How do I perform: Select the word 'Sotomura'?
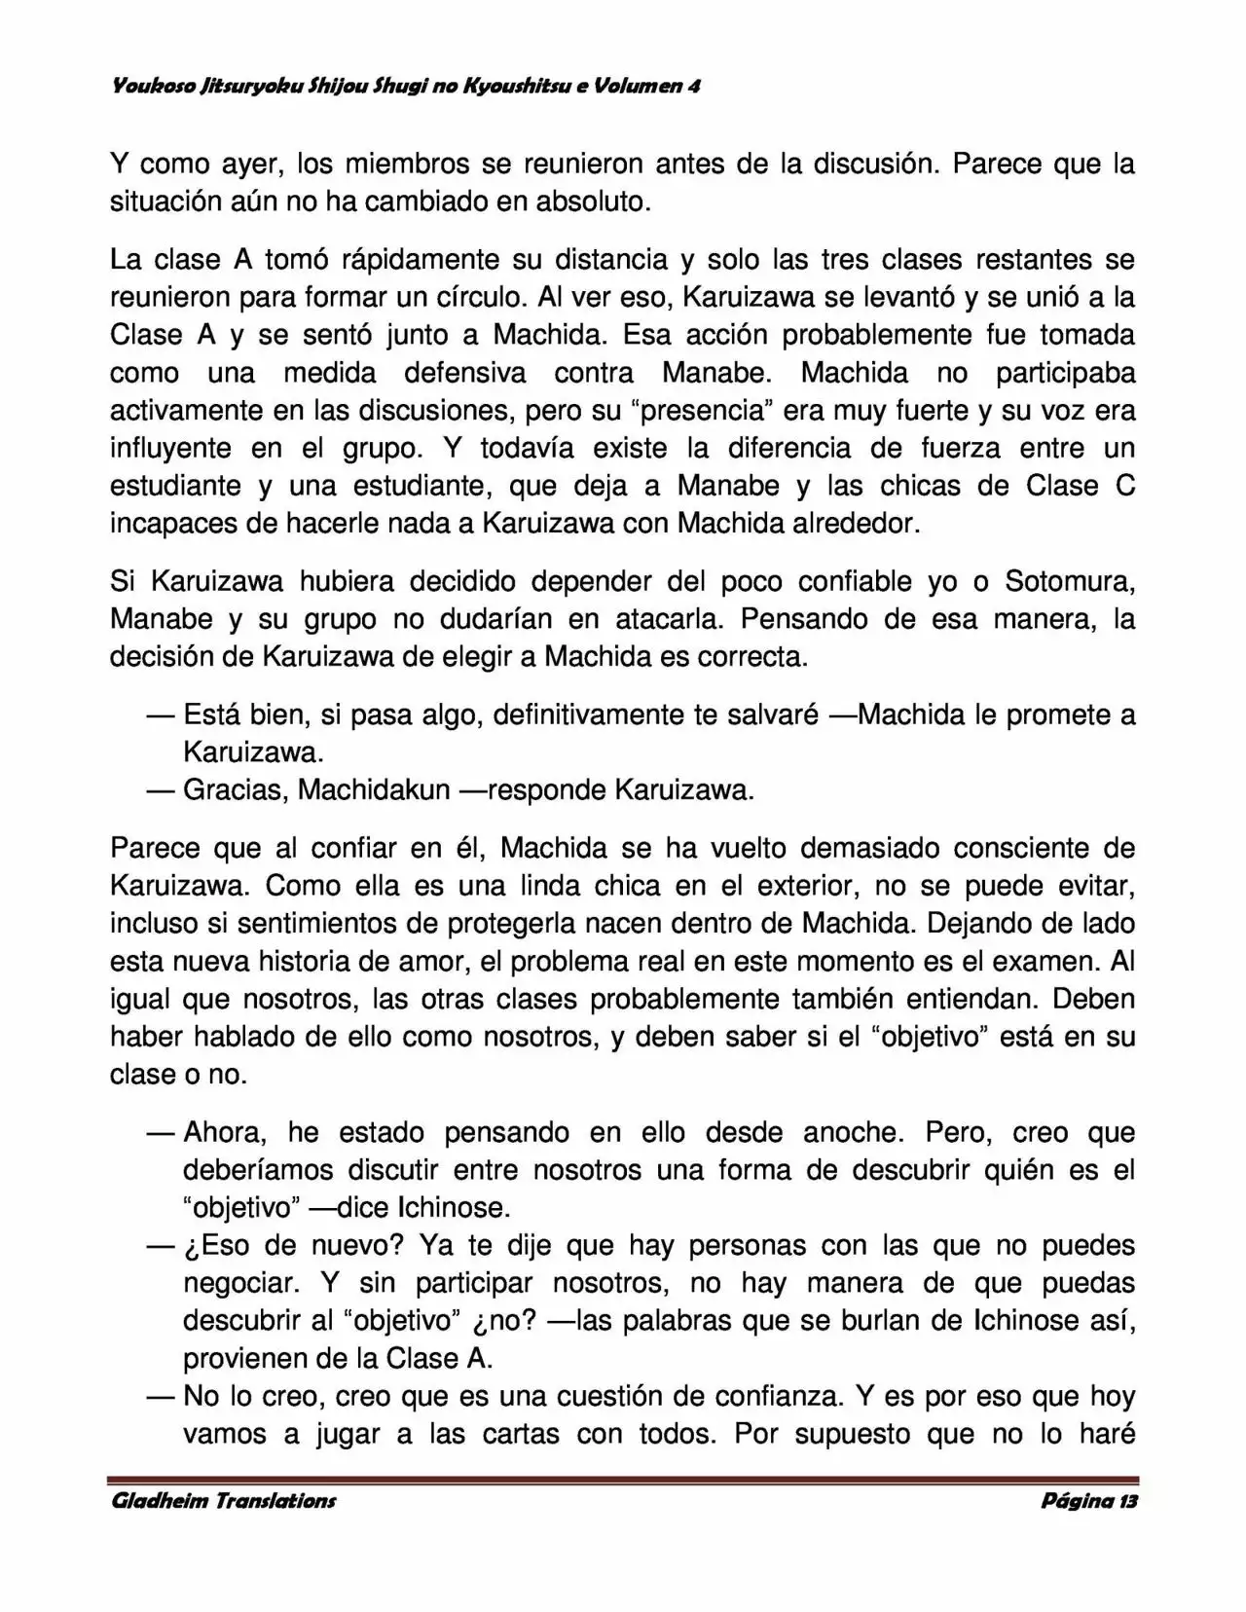1067,582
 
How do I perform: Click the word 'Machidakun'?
374,789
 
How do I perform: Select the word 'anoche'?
851,1132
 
